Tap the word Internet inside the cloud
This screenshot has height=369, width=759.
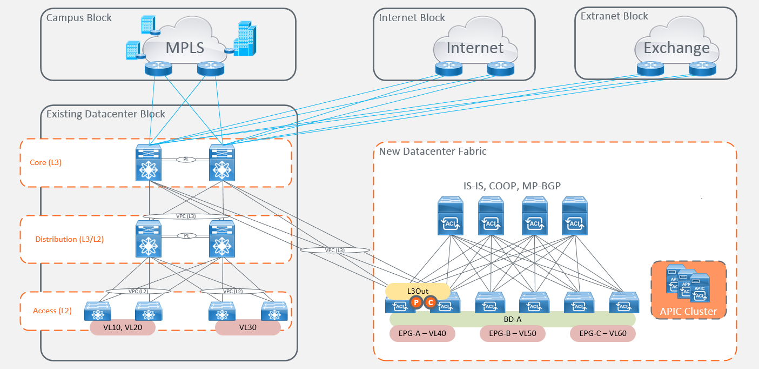(x=475, y=48)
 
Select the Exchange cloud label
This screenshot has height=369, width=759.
(x=676, y=48)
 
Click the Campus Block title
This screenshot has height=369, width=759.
(x=79, y=18)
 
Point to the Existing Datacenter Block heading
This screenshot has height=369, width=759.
(x=106, y=114)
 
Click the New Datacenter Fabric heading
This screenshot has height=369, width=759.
(x=433, y=151)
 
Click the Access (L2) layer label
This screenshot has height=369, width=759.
(x=52, y=311)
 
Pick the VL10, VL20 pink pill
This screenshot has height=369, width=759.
(x=123, y=328)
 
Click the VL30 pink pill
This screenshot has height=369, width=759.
(x=247, y=328)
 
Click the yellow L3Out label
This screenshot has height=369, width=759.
(x=418, y=291)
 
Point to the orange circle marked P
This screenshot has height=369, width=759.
(x=415, y=303)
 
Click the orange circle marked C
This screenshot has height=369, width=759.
(x=431, y=303)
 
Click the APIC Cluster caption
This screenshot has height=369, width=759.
(x=688, y=311)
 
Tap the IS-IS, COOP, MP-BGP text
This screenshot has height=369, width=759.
(x=512, y=186)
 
